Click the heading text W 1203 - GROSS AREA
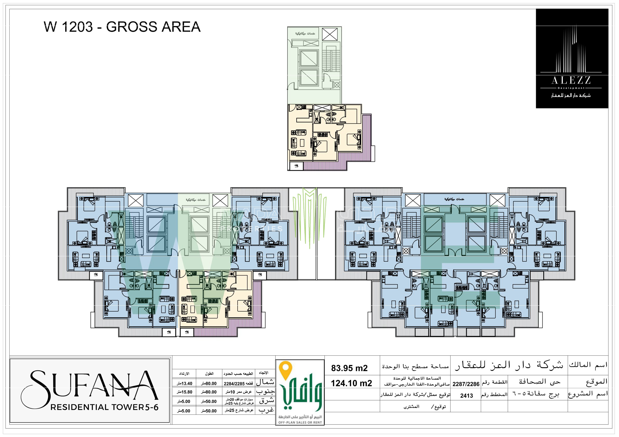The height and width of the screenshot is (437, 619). coord(122,27)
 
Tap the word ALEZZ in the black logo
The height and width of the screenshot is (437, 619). coord(571,80)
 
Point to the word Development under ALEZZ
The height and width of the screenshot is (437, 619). coord(571,88)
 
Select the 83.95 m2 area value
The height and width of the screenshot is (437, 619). coord(349,368)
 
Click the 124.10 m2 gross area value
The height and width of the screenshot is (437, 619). coord(351,383)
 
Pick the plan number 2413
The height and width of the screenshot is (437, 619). coord(466,395)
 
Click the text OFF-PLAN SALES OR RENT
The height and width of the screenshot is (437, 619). coord(300,422)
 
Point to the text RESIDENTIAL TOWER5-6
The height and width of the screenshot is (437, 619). coord(104,407)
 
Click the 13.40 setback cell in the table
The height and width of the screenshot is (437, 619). coord(184,384)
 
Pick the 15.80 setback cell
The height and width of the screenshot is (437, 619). coord(184,392)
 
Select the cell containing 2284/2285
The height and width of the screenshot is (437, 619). coord(238,384)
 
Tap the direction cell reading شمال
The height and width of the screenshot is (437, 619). coord(265,382)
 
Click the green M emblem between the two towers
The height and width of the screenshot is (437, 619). coord(309,216)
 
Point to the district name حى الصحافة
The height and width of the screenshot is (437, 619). coord(539,382)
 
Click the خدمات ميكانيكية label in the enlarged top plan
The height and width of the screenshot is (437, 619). coord(305,33)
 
